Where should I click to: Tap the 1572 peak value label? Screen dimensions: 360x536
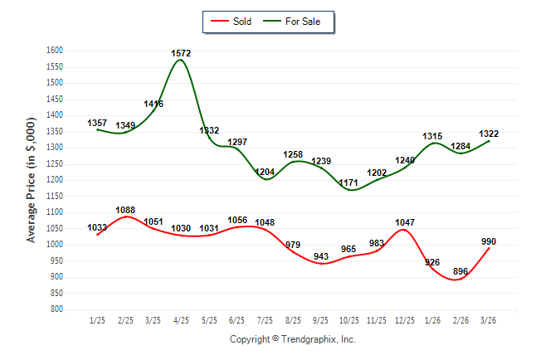point(181,53)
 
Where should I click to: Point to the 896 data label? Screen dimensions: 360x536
point(461,271)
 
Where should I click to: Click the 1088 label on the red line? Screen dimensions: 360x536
point(125,210)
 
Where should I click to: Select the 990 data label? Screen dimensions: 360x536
point(490,241)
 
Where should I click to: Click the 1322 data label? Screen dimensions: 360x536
point(489,134)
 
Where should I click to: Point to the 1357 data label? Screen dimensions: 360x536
point(97,123)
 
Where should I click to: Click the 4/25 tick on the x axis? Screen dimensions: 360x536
point(181,320)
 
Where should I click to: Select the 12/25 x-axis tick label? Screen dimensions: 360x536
point(405,320)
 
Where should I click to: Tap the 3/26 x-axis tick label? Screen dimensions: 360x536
point(490,320)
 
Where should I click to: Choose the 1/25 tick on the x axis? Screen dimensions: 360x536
point(97,320)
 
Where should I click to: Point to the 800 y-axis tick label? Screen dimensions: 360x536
point(56,309)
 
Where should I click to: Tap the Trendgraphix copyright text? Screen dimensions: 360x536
point(292,339)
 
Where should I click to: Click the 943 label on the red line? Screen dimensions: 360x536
point(321,257)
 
